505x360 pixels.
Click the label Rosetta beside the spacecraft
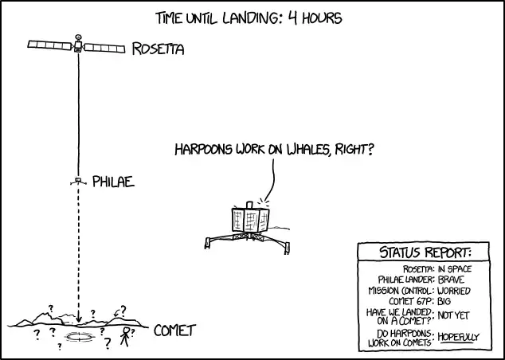[x=158, y=49]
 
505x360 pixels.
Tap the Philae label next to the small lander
[x=113, y=182]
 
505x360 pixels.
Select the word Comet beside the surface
[x=174, y=331]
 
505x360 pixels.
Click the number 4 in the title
[x=292, y=18]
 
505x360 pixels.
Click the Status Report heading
[x=425, y=252]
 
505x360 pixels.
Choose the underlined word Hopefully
[x=458, y=338]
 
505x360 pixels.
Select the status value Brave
[x=451, y=280]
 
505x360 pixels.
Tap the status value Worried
[x=454, y=291]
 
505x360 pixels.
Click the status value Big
[x=444, y=301]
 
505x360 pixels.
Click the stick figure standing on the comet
[x=125, y=336]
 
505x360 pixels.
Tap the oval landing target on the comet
[x=79, y=337]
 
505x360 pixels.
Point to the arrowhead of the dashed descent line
[x=79, y=319]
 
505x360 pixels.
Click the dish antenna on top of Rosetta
[x=78, y=37]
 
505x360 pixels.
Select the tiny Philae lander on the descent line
[x=78, y=182]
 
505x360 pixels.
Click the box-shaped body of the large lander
[x=250, y=220]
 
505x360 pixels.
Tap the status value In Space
[x=455, y=269]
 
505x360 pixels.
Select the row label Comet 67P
[x=412, y=301]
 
